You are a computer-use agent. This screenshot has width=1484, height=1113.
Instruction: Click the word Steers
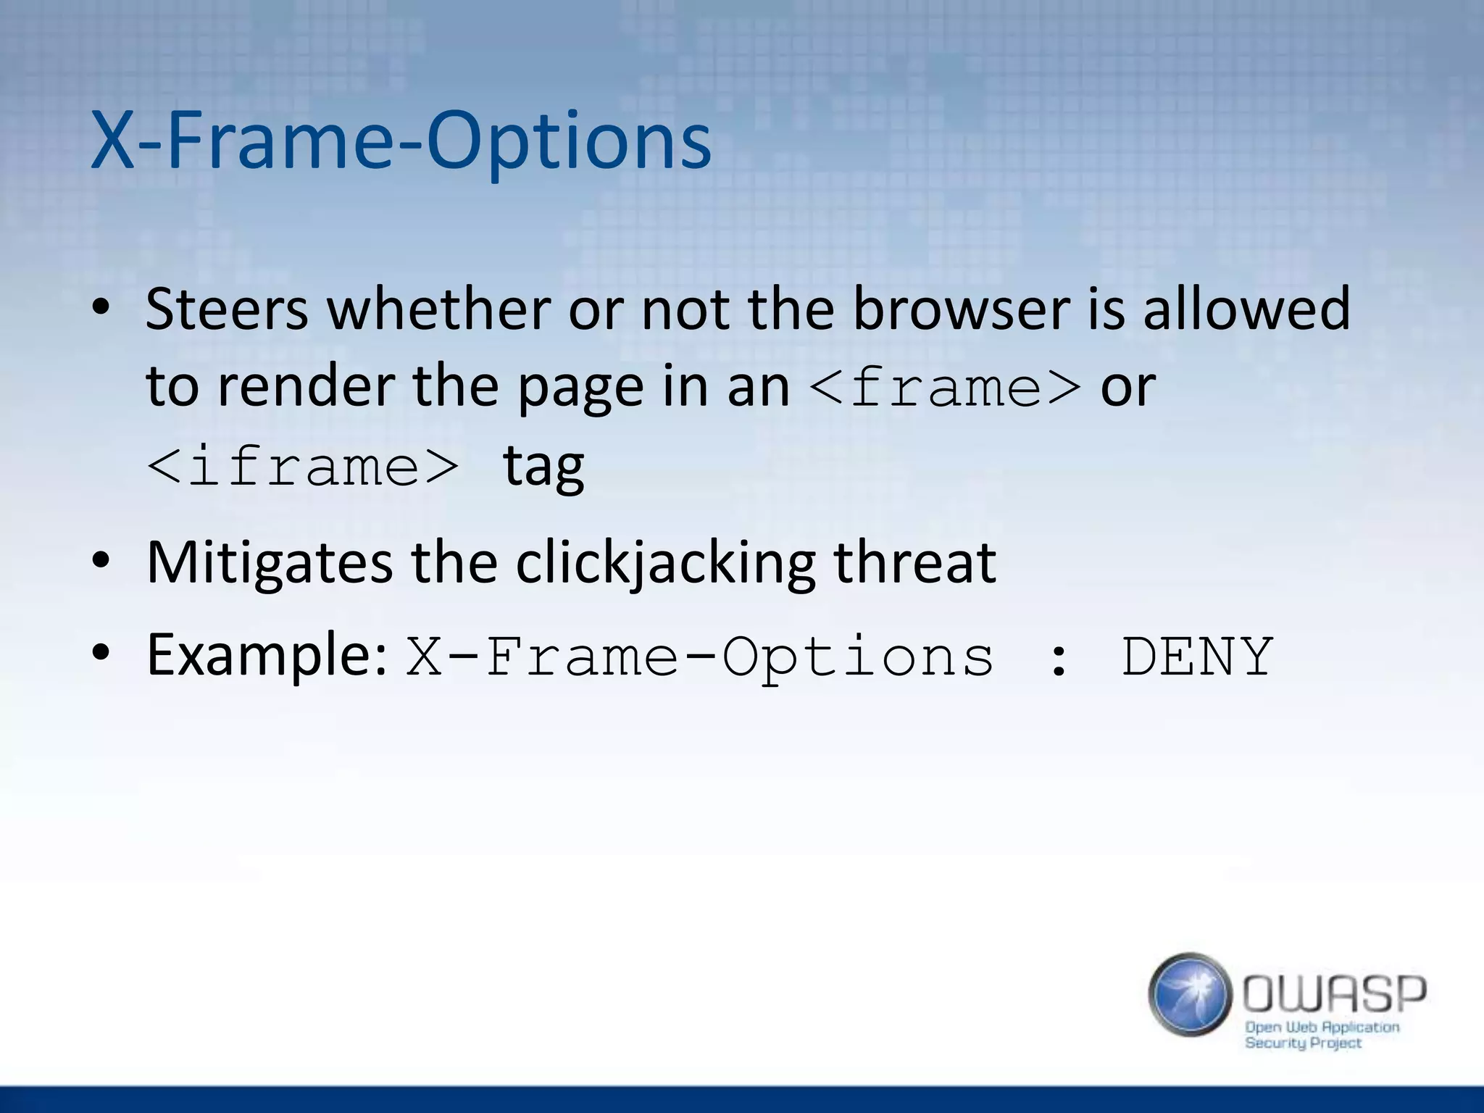tap(226, 309)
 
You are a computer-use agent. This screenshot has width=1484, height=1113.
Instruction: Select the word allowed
tap(1246, 309)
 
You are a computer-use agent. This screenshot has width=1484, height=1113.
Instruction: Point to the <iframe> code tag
tap(303, 467)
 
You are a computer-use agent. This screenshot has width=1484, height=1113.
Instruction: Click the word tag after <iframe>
tap(543, 467)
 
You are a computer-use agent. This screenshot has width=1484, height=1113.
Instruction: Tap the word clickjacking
tap(665, 563)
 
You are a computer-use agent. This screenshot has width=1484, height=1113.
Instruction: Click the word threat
tap(914, 563)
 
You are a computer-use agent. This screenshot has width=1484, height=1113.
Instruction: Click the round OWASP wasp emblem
tap(1190, 994)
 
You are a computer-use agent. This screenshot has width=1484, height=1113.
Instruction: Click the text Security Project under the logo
tap(1303, 1043)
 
